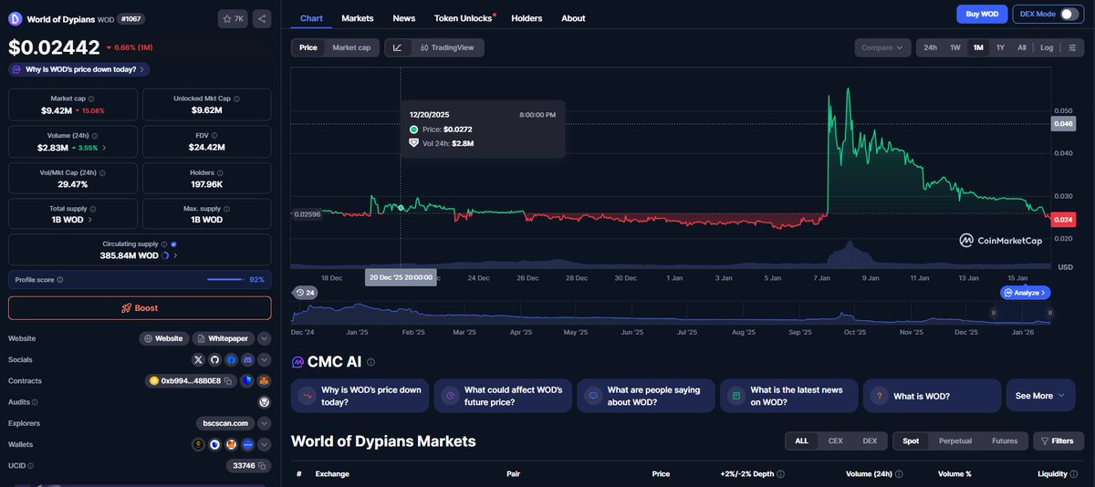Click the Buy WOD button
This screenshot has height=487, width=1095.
(982, 14)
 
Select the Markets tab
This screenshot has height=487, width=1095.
(358, 18)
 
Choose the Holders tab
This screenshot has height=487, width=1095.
(527, 18)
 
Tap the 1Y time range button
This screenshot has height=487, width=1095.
(1000, 47)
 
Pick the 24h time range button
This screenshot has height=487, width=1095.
(930, 47)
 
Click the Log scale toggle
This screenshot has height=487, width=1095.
(1046, 47)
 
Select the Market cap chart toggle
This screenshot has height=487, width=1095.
(351, 47)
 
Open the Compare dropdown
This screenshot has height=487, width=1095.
(883, 47)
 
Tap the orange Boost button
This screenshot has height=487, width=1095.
(140, 308)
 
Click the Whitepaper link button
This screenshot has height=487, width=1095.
(222, 338)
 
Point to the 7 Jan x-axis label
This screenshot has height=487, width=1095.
(821, 277)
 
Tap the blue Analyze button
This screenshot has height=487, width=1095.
(1025, 293)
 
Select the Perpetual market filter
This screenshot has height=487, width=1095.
(955, 440)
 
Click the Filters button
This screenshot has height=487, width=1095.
(1057, 440)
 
